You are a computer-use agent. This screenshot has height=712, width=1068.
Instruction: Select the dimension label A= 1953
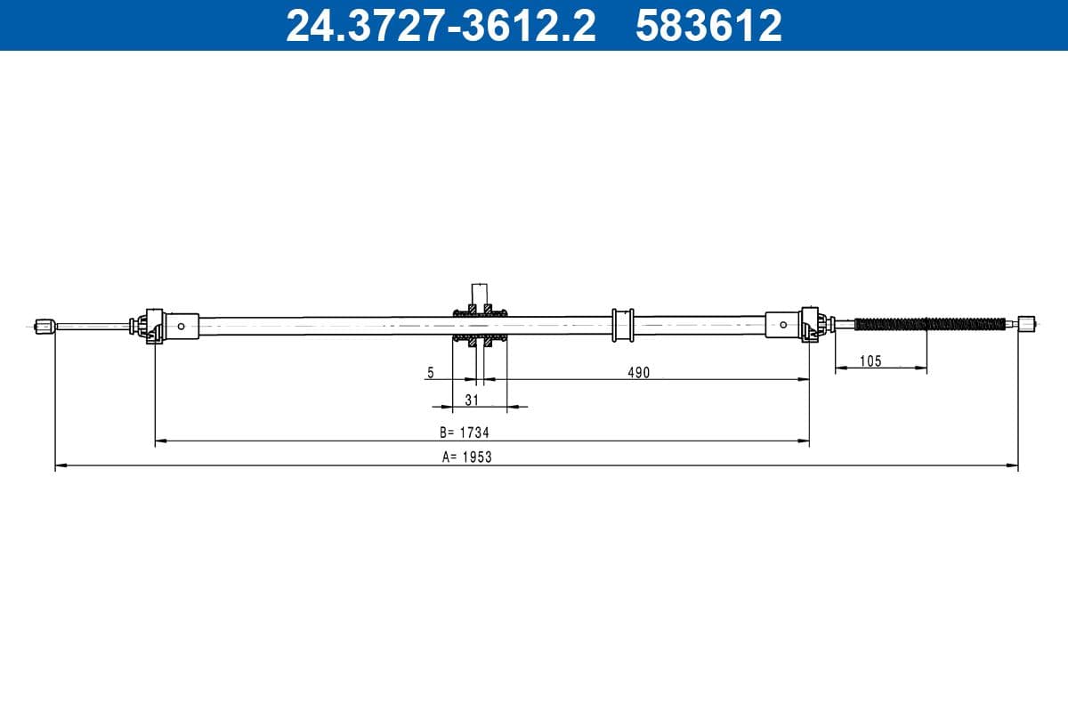[x=467, y=457]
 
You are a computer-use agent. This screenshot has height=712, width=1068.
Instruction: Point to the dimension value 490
[x=638, y=373]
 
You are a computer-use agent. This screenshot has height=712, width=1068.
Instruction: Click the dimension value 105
[x=870, y=360]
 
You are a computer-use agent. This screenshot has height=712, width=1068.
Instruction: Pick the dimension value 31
[x=472, y=400]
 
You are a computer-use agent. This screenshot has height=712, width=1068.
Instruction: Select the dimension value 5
[x=431, y=373]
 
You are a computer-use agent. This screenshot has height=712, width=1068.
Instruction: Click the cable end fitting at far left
[x=44, y=326]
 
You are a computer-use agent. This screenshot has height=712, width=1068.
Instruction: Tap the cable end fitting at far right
[x=1027, y=325]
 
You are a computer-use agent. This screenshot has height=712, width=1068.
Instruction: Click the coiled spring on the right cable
[x=930, y=324]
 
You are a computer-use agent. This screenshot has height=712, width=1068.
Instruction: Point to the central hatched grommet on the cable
[x=481, y=325]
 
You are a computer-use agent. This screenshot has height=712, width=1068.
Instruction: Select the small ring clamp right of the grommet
[x=621, y=325]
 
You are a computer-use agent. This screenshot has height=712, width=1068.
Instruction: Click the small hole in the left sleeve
[x=182, y=326]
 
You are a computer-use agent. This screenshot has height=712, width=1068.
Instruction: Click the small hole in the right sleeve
[x=782, y=325]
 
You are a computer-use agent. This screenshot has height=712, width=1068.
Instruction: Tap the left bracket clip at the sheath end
[x=150, y=325]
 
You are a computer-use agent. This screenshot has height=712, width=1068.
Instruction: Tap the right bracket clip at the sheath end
[x=811, y=324]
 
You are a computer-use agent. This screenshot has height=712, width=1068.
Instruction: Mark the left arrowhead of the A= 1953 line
[x=59, y=465]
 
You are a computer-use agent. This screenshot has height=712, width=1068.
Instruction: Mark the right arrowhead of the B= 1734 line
[x=805, y=440]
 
